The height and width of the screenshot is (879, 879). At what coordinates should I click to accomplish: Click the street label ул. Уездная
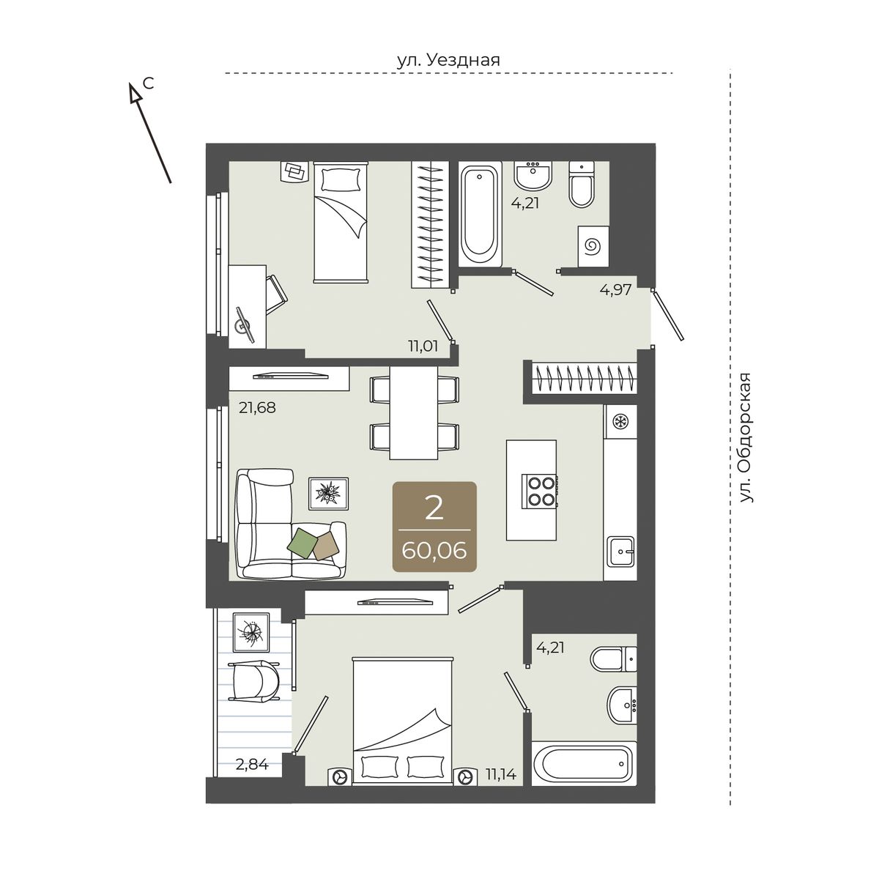(448, 60)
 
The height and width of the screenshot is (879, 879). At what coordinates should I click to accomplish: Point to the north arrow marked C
(151, 133)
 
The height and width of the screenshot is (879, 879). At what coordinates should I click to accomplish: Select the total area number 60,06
(434, 551)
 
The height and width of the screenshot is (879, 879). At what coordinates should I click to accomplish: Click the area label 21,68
(257, 407)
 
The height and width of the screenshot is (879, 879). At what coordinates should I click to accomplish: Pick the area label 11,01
(423, 346)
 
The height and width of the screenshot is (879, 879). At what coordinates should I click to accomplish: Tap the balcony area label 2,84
(252, 763)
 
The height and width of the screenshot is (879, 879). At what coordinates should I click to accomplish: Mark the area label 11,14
(500, 774)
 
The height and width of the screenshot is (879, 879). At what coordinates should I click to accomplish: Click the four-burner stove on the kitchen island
(541, 490)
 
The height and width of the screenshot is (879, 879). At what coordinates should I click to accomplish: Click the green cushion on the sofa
(303, 541)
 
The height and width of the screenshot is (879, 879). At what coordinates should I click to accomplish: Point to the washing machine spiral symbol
(593, 247)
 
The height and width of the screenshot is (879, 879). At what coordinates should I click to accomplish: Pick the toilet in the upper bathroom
(581, 185)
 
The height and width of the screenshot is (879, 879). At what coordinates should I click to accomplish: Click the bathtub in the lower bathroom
(584, 763)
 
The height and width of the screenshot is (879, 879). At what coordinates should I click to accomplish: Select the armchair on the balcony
(253, 680)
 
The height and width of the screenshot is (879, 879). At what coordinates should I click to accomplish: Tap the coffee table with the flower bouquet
(328, 494)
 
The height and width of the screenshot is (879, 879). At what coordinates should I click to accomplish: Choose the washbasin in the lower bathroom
(621, 705)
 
